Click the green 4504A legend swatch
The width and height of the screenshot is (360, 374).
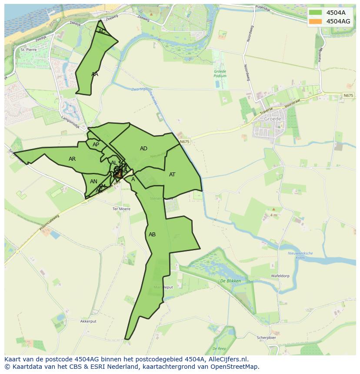coord(316,13)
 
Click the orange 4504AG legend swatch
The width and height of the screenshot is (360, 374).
coord(316,21)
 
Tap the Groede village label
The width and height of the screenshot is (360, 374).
coord(273,119)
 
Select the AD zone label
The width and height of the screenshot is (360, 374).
coord(143,149)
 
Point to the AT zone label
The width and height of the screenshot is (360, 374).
coord(172,175)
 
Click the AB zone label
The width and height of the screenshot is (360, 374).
coord(152,235)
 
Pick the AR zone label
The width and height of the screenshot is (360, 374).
coord(72,159)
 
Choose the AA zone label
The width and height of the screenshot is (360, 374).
coord(95,74)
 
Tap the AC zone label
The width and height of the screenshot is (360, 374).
coord(102,31)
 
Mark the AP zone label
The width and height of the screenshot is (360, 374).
coord(96,145)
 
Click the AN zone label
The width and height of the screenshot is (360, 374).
coord(93,182)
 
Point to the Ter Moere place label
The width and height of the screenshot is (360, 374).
coord(121,209)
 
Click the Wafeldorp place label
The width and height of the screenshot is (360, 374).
coord(280,276)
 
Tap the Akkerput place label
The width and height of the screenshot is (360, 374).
coord(88,321)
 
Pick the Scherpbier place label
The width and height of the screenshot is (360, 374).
coord(267,338)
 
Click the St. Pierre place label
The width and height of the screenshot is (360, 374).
coord(29,50)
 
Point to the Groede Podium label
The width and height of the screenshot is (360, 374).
coord(220,73)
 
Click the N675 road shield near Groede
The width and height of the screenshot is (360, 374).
coord(348,96)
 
